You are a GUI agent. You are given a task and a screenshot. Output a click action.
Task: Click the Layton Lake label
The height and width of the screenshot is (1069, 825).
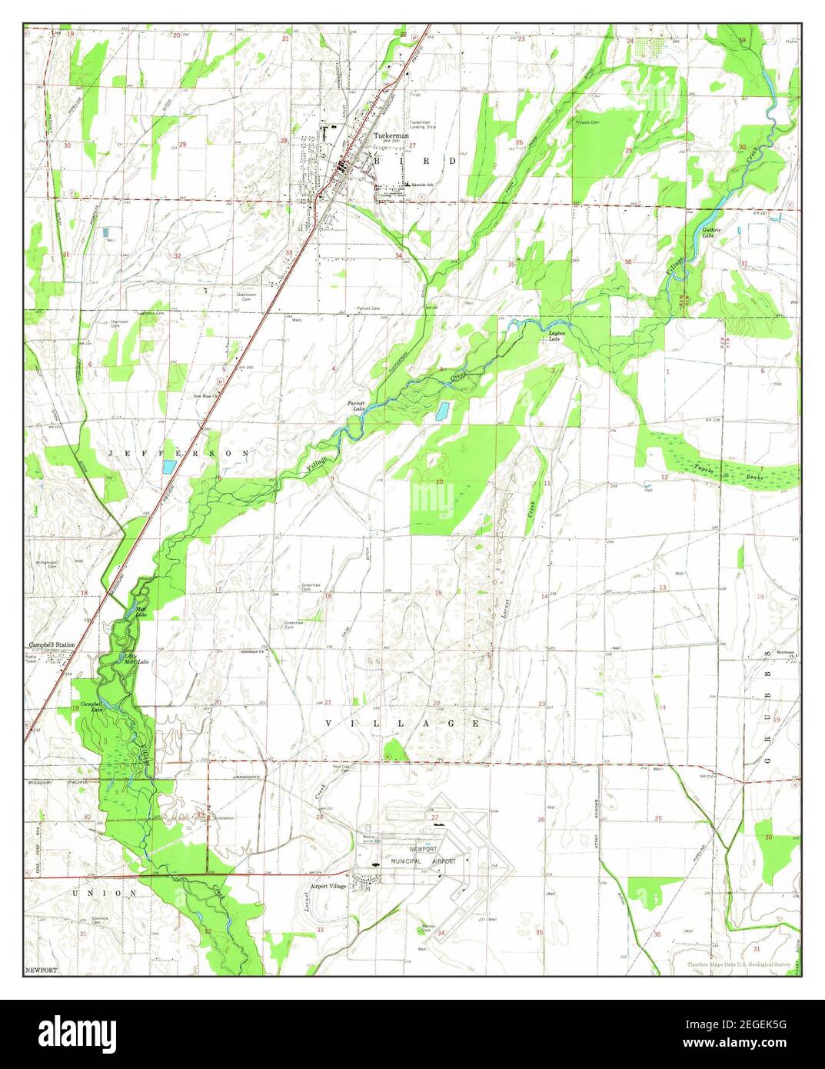[x=557, y=335]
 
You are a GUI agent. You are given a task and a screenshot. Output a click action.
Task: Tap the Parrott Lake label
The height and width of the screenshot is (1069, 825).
[x=356, y=405]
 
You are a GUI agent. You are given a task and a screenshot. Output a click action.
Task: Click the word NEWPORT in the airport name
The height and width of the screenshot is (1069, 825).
[x=423, y=849]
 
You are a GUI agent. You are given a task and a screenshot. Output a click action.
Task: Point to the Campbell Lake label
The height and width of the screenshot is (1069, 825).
[x=91, y=707]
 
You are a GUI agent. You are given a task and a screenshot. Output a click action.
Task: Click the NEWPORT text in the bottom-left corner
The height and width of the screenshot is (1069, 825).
[x=41, y=971]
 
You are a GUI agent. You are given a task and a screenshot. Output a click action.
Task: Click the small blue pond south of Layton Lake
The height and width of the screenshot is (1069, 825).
[x=441, y=411]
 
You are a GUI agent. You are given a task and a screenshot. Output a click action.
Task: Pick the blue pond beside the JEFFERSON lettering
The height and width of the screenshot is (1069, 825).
[x=168, y=466]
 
